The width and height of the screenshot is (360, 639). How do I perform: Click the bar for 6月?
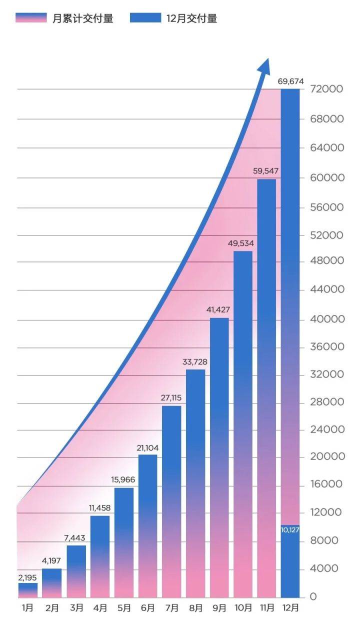click(x=147, y=525)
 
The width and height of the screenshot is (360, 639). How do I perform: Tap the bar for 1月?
click(x=28, y=590)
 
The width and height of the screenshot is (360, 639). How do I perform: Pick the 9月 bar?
click(x=219, y=457)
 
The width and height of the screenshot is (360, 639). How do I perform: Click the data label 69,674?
click(x=290, y=81)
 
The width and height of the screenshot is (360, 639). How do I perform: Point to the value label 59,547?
click(x=266, y=171)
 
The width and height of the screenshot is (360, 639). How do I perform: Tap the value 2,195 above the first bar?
click(x=28, y=577)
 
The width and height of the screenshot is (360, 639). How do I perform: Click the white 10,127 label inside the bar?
click(x=290, y=530)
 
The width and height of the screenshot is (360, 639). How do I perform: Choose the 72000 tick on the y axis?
click(x=326, y=89)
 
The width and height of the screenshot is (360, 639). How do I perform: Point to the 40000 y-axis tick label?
click(x=326, y=319)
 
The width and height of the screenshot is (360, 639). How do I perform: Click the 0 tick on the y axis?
click(x=313, y=596)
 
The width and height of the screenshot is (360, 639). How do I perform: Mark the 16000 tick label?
click(x=326, y=484)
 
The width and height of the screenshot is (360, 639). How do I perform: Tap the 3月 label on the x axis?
click(x=76, y=608)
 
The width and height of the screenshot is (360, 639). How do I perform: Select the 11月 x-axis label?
click(x=266, y=608)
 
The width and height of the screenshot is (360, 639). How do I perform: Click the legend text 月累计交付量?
click(x=83, y=18)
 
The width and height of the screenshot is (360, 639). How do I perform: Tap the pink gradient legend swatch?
click(x=31, y=18)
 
